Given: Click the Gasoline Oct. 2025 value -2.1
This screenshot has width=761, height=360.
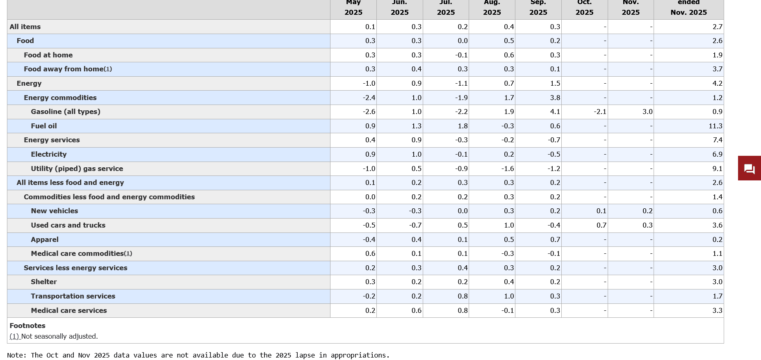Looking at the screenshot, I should click(x=600, y=112).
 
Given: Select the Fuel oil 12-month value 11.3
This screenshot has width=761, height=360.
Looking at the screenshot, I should click(x=715, y=126).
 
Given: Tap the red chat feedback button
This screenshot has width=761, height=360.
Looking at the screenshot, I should click(x=749, y=169).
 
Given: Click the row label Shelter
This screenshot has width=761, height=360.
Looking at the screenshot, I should click(x=43, y=282).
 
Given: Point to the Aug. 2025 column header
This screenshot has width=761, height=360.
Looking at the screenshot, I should click(x=492, y=7).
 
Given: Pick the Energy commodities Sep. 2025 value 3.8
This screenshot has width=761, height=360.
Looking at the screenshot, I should click(x=555, y=98).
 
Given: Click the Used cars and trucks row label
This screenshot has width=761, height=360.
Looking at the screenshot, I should click(x=68, y=226).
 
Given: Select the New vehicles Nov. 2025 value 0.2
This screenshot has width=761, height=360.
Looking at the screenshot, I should click(x=647, y=211).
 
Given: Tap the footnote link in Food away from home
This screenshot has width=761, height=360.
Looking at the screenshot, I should click(x=108, y=69).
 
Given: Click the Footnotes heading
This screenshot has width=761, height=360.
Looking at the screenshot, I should click(x=27, y=326).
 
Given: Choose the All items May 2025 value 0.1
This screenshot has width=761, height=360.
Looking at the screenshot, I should click(x=370, y=27).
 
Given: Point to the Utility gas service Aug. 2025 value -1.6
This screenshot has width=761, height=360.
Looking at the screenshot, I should click(x=508, y=169).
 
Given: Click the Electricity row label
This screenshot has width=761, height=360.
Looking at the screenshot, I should click(x=48, y=155).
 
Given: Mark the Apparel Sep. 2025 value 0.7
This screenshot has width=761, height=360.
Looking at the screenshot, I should click(x=555, y=240).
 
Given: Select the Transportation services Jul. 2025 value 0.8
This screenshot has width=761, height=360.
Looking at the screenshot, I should click(x=463, y=296).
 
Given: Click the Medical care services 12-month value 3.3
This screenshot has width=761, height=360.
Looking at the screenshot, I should click(x=717, y=311).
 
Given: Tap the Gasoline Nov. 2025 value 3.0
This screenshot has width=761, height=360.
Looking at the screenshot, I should click(x=647, y=112).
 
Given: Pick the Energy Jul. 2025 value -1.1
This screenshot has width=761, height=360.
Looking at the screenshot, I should click(x=461, y=84).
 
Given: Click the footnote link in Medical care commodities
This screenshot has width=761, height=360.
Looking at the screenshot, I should click(x=128, y=254).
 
